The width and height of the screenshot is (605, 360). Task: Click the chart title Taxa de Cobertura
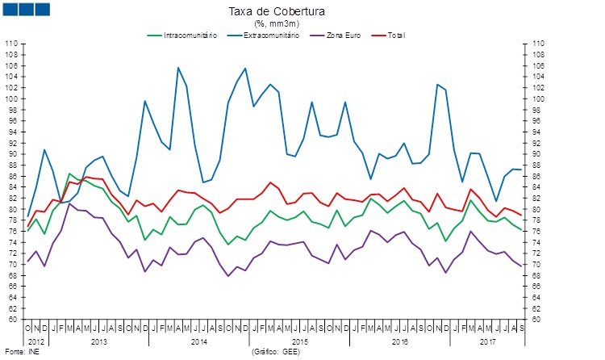coord(277,12)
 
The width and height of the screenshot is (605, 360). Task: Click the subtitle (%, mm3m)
coord(277,23)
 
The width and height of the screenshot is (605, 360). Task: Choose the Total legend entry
coord(395,36)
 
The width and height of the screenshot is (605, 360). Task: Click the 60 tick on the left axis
coord(13,320)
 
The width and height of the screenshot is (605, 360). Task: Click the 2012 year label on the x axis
coord(37,342)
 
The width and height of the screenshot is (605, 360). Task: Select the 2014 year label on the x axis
coord(197,342)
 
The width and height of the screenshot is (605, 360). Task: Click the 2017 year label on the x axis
coord(487,342)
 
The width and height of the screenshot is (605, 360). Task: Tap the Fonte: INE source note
coord(22,353)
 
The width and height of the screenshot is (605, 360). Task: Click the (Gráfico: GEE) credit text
coord(276,353)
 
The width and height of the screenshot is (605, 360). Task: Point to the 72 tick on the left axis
coord(13,253)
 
